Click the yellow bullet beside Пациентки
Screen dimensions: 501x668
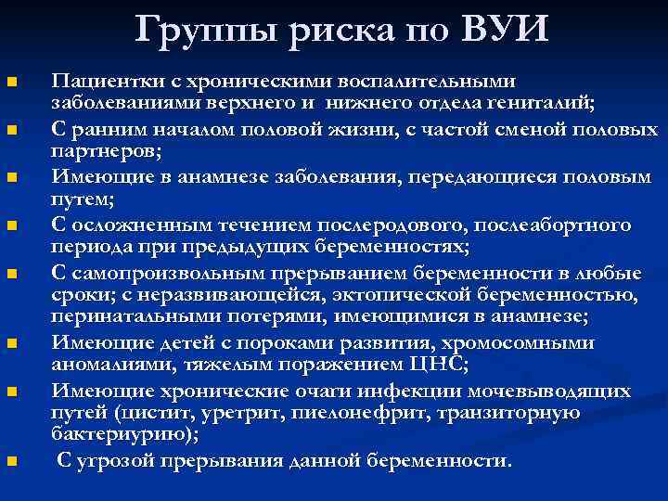[11, 83]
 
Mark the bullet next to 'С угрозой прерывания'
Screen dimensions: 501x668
[11, 462]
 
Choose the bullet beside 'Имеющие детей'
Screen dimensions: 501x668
[11, 344]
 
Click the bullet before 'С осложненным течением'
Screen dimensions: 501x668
[11, 226]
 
